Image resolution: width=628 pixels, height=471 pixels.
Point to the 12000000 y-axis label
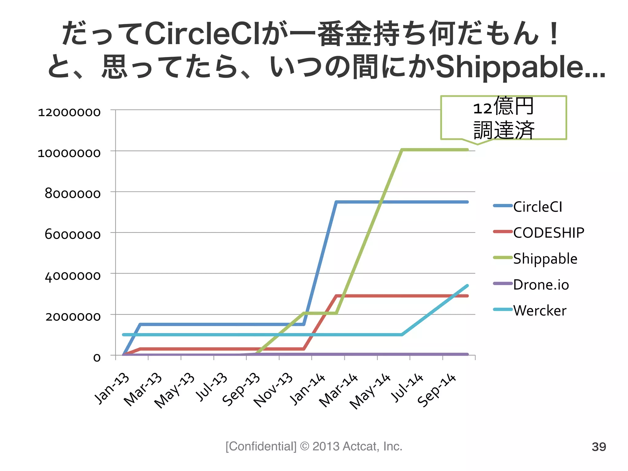click(69, 112)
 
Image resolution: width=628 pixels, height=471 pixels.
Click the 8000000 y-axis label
click(72, 194)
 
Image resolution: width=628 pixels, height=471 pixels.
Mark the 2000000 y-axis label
click(73, 316)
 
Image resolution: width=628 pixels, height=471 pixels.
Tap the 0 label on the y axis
click(97, 358)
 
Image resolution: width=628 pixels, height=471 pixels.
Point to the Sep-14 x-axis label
click(437, 390)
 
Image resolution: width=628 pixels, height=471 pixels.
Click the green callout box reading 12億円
click(504, 118)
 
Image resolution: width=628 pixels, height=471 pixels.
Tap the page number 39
click(599, 447)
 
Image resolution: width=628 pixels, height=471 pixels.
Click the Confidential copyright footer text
click(314, 446)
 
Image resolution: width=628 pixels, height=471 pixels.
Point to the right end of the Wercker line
click(467, 286)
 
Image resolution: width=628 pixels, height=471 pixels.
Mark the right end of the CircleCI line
click(467, 202)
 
